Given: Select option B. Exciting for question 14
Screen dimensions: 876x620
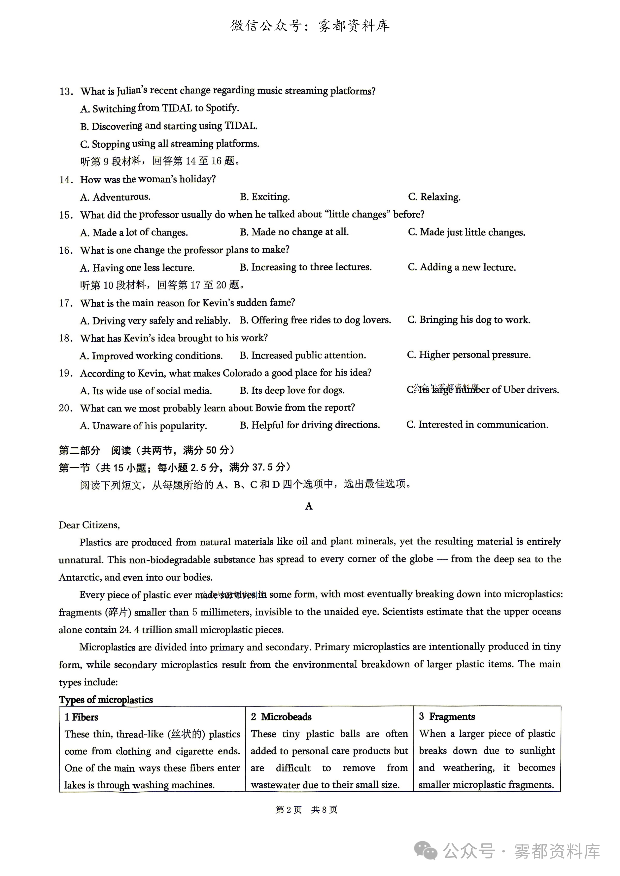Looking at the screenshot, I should point(265,197).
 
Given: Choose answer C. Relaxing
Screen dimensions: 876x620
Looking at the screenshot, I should point(434,197).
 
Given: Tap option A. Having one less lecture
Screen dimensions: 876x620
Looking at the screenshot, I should point(137,268).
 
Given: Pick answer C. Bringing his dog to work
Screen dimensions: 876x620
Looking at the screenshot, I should point(469,320).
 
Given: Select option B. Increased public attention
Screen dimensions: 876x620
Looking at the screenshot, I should point(303,355).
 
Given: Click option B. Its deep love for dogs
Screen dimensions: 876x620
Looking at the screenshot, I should point(292,390).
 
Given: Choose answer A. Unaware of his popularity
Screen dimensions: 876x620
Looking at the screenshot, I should point(143,426).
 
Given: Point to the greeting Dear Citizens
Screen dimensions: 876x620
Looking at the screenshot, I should point(89,525).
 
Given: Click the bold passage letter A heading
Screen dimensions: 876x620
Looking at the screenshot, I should point(309,506).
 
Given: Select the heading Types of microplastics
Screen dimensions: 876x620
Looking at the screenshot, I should point(106,700).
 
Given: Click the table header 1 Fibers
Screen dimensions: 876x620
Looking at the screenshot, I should point(81,717).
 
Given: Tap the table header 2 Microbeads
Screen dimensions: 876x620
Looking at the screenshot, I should point(281,717).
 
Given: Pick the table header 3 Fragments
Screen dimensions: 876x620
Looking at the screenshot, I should point(447,717).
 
